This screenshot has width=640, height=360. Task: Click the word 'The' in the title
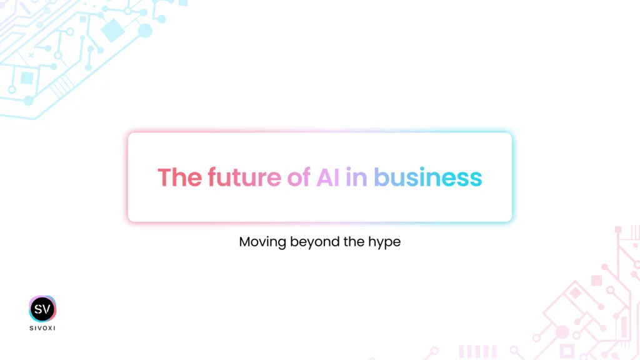click(179, 177)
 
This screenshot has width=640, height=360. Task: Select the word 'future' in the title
click(244, 177)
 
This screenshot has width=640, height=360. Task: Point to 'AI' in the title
click(327, 177)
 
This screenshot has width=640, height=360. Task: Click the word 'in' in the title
click(356, 177)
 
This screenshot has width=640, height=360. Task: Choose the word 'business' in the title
click(427, 177)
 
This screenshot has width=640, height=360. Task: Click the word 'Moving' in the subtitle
click(262, 242)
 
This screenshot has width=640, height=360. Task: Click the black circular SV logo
click(42, 309)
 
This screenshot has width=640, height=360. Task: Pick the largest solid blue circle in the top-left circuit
click(145, 31)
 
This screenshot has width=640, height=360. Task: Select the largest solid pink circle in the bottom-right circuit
click(562, 332)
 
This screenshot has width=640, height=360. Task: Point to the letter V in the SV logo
click(48, 309)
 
